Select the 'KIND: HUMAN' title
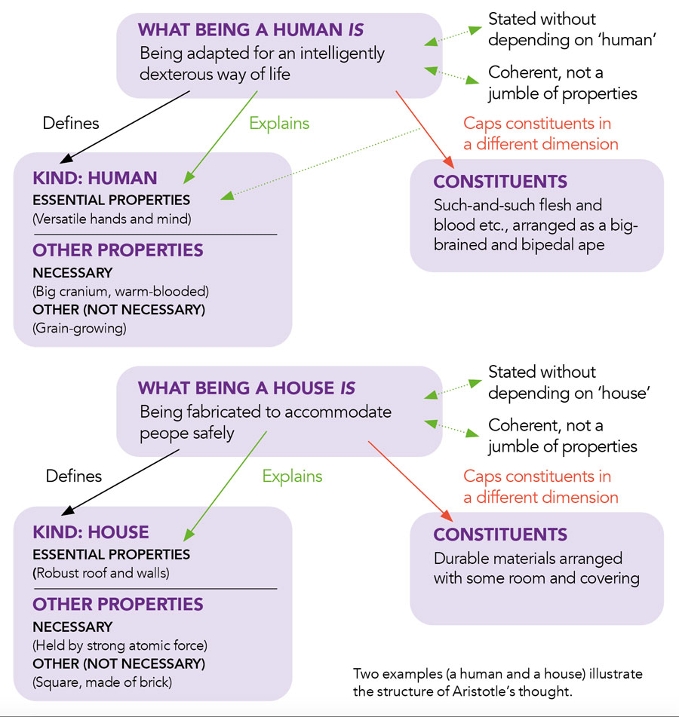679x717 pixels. pos(94,179)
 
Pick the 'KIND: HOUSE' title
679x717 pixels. pos(91,532)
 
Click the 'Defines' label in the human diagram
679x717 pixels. pos(70,123)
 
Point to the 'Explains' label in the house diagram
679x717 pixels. pos(292,476)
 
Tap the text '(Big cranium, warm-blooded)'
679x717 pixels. pos(120,291)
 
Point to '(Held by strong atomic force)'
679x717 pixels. pos(119,645)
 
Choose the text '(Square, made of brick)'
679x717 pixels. pos(102,682)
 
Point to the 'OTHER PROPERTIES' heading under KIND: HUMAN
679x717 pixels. pos(118,250)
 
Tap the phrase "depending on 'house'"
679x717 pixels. pos(569,393)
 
